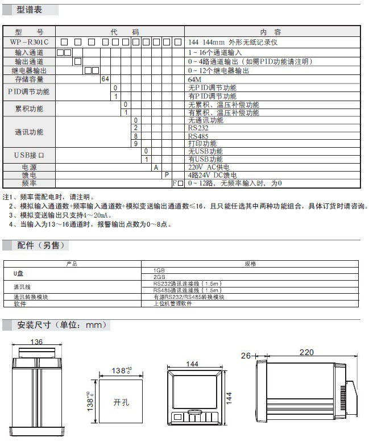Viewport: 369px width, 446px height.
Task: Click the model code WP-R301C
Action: click(x=30, y=43)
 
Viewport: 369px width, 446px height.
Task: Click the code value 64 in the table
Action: click(x=105, y=80)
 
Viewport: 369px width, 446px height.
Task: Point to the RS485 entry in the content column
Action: click(x=198, y=136)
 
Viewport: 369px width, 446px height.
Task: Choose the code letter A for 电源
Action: click(x=155, y=168)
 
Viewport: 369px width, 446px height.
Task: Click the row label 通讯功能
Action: click(x=28, y=132)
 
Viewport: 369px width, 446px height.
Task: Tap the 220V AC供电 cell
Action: click(x=209, y=168)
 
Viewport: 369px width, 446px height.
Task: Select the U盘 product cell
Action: click(x=19, y=273)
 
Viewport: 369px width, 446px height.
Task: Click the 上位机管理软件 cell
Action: click(x=173, y=304)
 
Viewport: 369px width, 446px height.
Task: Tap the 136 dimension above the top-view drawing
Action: click(x=36, y=341)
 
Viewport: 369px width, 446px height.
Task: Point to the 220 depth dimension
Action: click(x=306, y=352)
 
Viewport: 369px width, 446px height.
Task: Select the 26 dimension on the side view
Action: click(x=246, y=356)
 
